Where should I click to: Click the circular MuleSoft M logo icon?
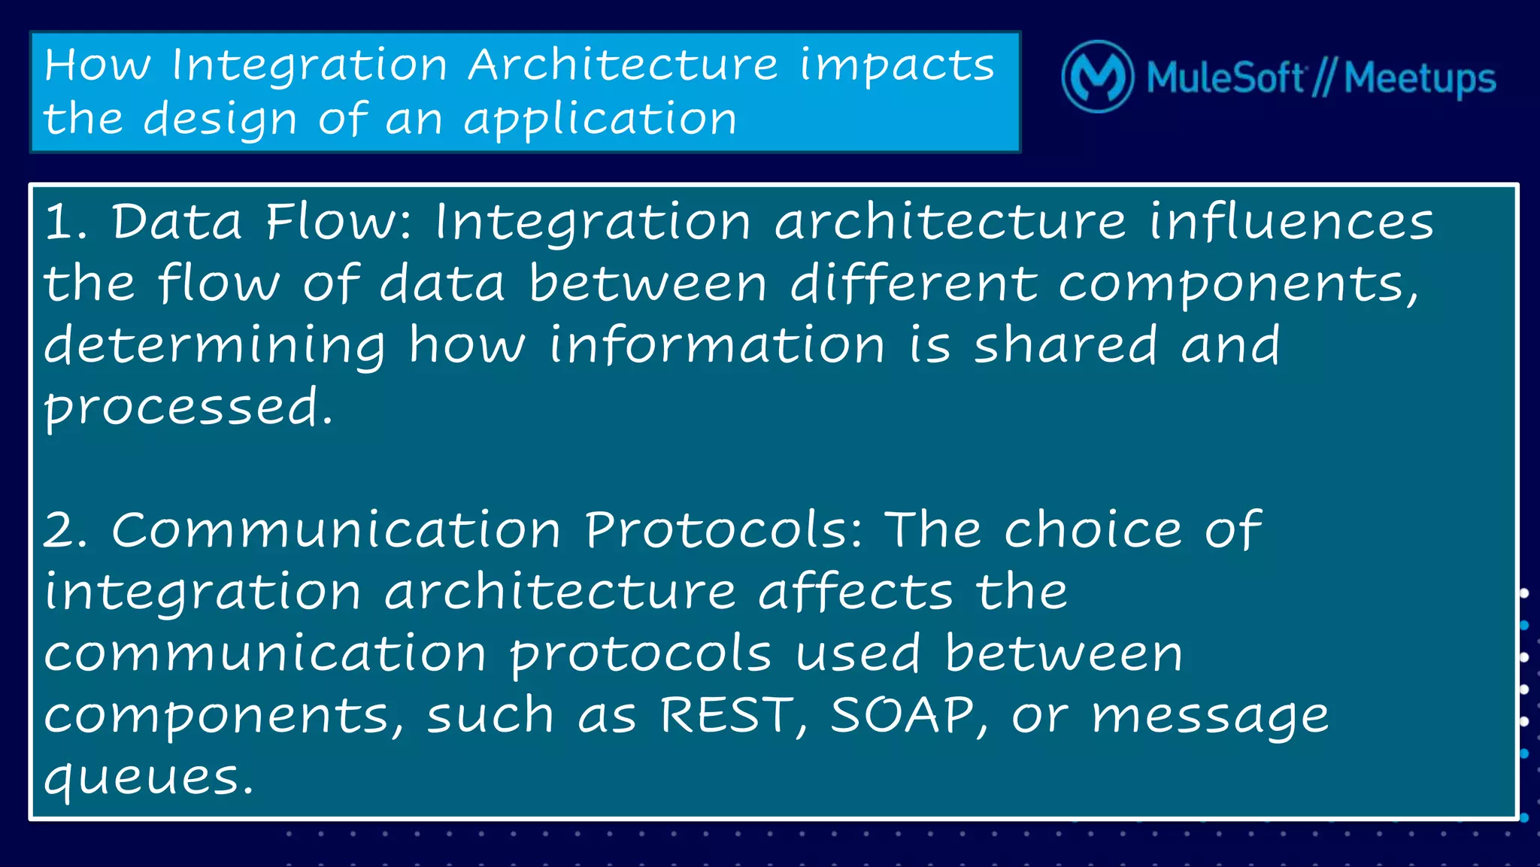coord(1097,77)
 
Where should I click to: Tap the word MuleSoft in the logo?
coord(1226,78)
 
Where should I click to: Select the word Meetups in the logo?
coord(1420,78)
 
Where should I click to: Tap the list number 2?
coord(63,530)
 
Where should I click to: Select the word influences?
coord(1291,223)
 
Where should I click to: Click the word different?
coord(913,284)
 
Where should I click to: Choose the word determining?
coord(214,347)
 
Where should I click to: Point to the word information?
coord(716,345)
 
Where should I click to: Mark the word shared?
coord(1064,345)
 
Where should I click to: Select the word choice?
coord(1093,530)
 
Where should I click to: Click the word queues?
coord(147,778)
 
